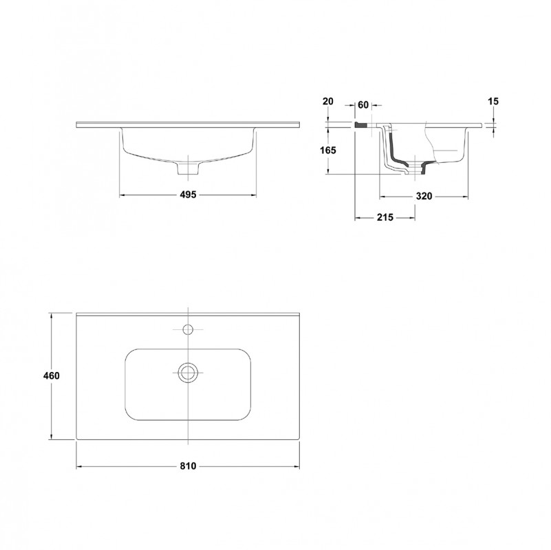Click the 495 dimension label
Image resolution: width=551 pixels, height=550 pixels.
point(188,195)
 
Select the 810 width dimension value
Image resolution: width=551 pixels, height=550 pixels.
point(189,466)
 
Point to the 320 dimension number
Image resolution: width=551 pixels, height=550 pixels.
point(424,197)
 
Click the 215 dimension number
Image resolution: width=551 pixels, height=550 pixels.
point(384,218)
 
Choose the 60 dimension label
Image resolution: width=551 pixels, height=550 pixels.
point(364,104)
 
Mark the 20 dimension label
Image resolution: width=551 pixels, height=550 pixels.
point(328,101)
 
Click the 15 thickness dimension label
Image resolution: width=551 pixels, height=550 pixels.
point(493,101)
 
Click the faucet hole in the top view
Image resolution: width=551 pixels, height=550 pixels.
point(188,327)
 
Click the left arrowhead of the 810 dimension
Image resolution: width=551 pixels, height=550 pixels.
point(78,466)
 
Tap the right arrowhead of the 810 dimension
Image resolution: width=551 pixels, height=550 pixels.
point(300,466)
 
